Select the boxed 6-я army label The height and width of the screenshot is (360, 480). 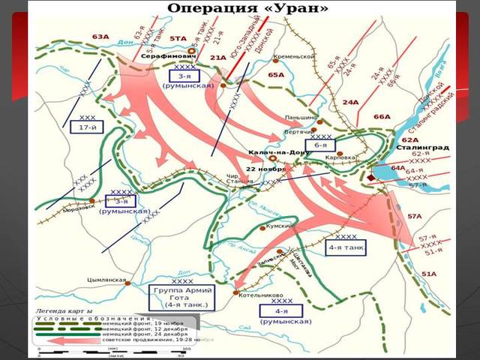tap(320, 145)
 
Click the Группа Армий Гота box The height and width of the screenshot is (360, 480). tap(181, 296)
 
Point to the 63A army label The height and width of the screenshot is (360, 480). tap(100, 35)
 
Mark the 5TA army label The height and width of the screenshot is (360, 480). tap(178, 37)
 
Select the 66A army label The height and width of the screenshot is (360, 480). tap(382, 117)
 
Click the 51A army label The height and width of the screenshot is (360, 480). tap(428, 274)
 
